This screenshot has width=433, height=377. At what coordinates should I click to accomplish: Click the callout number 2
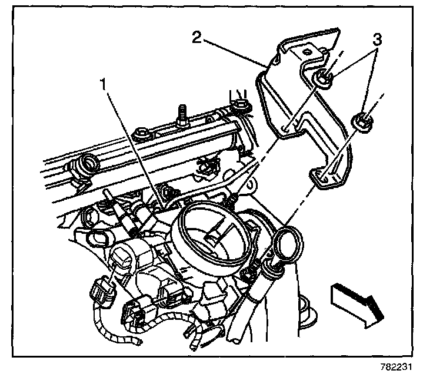(198, 38)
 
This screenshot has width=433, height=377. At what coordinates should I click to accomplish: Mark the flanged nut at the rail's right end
(240, 107)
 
